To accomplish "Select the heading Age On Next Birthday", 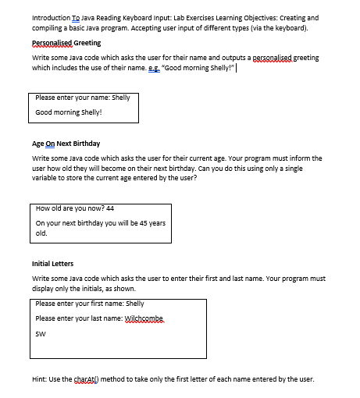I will coord(66,144).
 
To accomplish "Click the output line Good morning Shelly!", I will coord(69,112).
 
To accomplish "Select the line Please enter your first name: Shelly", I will coord(90,304).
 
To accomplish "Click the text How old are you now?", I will coord(70,208).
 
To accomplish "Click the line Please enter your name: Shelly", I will coord(82,98).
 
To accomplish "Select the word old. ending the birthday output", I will coord(41,233).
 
